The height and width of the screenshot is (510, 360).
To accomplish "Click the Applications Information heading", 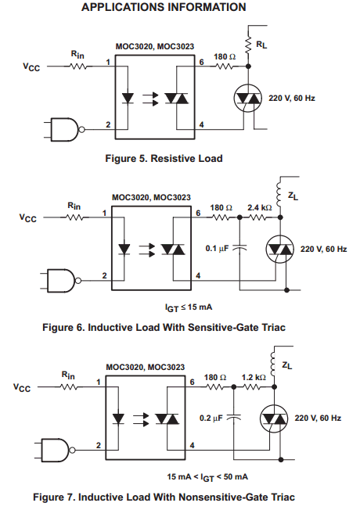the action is click(x=164, y=7).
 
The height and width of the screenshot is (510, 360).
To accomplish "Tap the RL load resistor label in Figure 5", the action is click(x=261, y=45).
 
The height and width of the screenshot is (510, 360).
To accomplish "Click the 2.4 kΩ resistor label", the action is click(x=259, y=207).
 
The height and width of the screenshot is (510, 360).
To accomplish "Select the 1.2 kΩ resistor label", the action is click(x=254, y=377).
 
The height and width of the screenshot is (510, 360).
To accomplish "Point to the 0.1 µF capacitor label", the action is click(x=217, y=249).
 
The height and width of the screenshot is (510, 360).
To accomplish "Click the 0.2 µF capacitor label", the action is click(x=211, y=418).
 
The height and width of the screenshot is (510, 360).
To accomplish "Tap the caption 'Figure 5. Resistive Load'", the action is click(x=164, y=159).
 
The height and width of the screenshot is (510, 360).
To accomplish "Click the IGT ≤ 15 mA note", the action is click(x=189, y=307).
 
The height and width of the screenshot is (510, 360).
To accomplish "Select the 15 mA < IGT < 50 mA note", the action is click(x=207, y=477).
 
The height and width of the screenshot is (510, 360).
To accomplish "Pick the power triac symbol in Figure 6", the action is click(x=280, y=250).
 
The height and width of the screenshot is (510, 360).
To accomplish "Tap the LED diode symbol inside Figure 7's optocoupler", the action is click(x=118, y=419).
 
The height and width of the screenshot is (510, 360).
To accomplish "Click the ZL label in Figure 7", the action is click(x=286, y=365).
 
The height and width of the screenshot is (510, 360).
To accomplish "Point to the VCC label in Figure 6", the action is click(x=28, y=217).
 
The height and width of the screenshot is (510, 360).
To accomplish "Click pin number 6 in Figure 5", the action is click(x=201, y=62).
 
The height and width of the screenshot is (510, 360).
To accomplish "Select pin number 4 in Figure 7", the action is click(x=192, y=445).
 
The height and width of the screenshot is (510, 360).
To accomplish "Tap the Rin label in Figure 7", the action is click(x=68, y=375).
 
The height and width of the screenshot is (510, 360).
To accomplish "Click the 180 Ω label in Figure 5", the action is click(x=225, y=56).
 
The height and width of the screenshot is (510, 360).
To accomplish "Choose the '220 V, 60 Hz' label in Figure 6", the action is click(x=323, y=250).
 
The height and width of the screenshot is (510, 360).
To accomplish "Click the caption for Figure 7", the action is click(x=164, y=497).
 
